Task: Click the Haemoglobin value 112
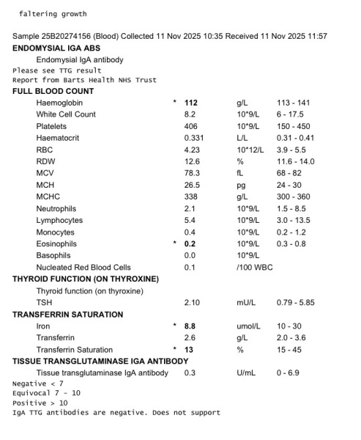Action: [192, 103]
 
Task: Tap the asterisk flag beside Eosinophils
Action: [175, 243]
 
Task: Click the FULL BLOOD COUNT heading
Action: [53, 91]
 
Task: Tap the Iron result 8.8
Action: [191, 326]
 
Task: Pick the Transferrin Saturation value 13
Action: [188, 349]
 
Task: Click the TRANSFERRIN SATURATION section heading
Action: [68, 314]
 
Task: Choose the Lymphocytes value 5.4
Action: [190, 220]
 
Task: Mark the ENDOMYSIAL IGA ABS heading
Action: [56, 47]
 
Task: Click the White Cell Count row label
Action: [66, 114]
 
